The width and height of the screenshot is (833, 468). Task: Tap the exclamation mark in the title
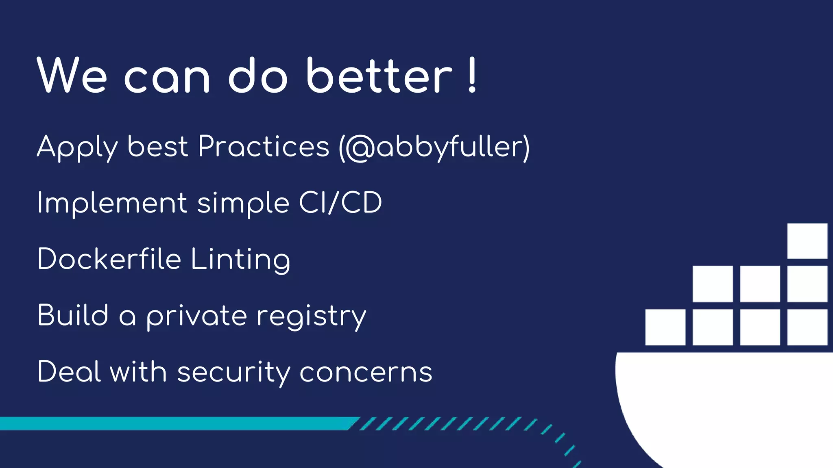coord(472,76)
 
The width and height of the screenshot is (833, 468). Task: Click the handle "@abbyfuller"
coord(434,147)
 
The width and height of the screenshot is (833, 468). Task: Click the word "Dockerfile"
coord(109,259)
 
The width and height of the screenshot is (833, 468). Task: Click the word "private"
coord(196,316)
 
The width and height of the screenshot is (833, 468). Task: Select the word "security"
coord(233,373)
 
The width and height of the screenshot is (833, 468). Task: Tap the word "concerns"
coord(366,373)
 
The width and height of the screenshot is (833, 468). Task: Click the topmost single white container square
coord(807,241)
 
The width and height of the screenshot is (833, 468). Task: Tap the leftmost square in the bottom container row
coord(665,327)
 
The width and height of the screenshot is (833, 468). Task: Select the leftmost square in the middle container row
coord(712,284)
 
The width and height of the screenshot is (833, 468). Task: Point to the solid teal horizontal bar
coord(175,423)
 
